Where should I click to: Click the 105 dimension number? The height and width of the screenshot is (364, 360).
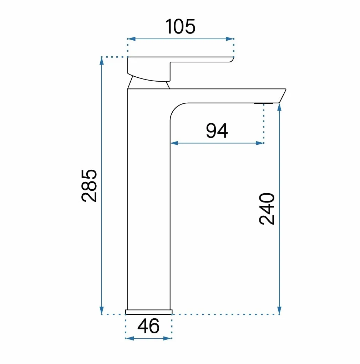(x=180, y=26)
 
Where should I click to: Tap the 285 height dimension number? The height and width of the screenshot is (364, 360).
(x=89, y=186)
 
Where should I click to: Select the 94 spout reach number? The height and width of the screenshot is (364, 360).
(x=217, y=131)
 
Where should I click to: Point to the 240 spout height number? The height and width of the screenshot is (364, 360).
(x=267, y=209)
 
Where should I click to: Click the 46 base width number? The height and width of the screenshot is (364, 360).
(x=148, y=326)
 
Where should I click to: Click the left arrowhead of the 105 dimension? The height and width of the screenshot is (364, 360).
(x=131, y=39)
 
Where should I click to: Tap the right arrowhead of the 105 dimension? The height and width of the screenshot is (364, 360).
(x=230, y=39)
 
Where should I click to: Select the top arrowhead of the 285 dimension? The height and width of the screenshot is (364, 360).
(x=101, y=61)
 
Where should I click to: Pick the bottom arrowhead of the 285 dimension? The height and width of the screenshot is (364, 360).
(x=101, y=311)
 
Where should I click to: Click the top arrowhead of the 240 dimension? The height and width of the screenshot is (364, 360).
(x=279, y=107)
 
